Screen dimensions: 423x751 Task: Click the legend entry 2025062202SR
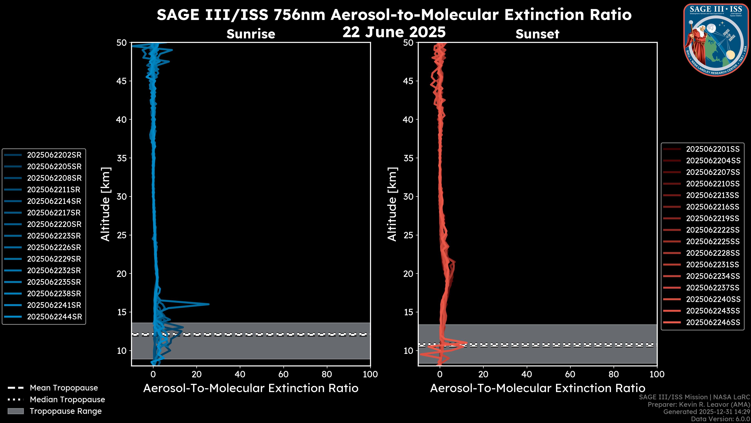[x=54, y=155]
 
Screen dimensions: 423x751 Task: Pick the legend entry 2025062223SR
[x=54, y=236]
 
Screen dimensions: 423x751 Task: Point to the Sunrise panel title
[x=251, y=34]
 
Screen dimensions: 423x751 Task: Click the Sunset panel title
[x=537, y=34]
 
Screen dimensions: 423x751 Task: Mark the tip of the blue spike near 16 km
[x=209, y=304]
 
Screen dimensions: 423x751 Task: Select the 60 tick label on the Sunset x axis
[x=570, y=374]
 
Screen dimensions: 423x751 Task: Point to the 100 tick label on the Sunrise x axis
[x=370, y=374]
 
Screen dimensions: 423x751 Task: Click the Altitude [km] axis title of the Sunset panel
[x=392, y=204]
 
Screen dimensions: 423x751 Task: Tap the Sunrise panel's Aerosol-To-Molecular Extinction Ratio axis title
[x=251, y=388]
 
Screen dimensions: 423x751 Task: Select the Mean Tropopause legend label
[x=64, y=388]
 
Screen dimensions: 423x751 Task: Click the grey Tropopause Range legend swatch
[x=15, y=411]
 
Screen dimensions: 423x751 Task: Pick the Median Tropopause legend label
[x=67, y=400]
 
